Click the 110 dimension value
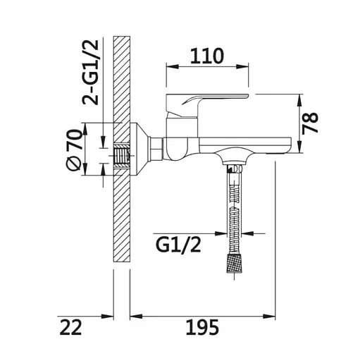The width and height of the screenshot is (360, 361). [207, 56]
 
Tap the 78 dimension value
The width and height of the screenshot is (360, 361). [310, 123]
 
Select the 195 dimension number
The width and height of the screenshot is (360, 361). [202, 327]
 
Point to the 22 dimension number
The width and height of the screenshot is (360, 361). [70, 327]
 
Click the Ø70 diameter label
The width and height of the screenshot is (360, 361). [75, 149]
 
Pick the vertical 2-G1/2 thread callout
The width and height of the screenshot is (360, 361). [90, 72]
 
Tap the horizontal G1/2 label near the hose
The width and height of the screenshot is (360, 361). [178, 245]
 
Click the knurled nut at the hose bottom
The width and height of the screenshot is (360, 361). [235, 263]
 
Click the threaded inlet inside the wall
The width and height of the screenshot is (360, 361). [121, 156]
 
